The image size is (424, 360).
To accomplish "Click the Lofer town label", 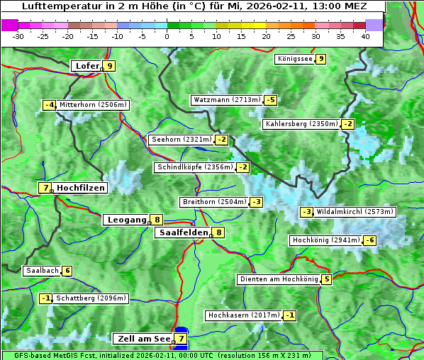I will [x=87, y=66].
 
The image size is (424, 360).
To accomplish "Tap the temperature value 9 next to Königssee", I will [x=321, y=59].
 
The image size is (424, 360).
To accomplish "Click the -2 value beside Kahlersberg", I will [x=347, y=124].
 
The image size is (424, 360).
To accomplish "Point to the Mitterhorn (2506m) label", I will [x=93, y=105].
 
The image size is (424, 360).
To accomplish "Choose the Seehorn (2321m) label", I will [x=182, y=140].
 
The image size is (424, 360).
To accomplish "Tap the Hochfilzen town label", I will [x=81, y=188].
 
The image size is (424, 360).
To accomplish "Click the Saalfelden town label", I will [x=184, y=232].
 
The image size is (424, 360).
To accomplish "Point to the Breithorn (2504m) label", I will [x=213, y=202].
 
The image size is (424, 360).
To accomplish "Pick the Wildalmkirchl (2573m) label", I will [x=355, y=212].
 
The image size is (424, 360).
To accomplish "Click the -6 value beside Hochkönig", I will [x=370, y=240].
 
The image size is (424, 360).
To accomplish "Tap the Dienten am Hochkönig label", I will [x=278, y=279].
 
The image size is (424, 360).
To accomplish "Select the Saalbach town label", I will [x=42, y=271].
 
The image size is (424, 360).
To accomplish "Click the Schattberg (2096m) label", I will [x=91, y=298].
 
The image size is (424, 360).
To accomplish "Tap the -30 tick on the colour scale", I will [x=19, y=36].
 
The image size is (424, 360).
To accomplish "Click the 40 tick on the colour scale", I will [x=365, y=36].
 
